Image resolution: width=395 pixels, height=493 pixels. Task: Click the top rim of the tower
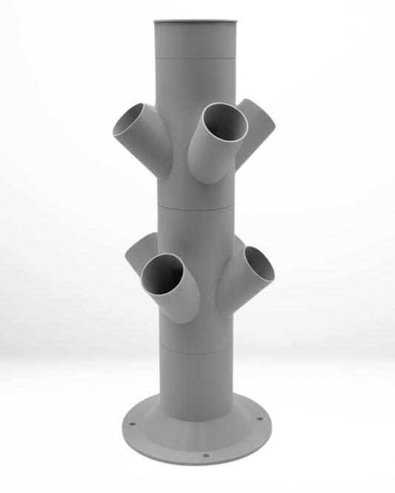[x=197, y=22]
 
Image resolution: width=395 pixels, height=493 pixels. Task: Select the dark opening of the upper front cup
[x=225, y=122]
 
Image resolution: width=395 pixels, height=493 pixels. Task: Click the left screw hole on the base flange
[x=133, y=426]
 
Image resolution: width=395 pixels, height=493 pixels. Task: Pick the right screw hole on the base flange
[x=266, y=426]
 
